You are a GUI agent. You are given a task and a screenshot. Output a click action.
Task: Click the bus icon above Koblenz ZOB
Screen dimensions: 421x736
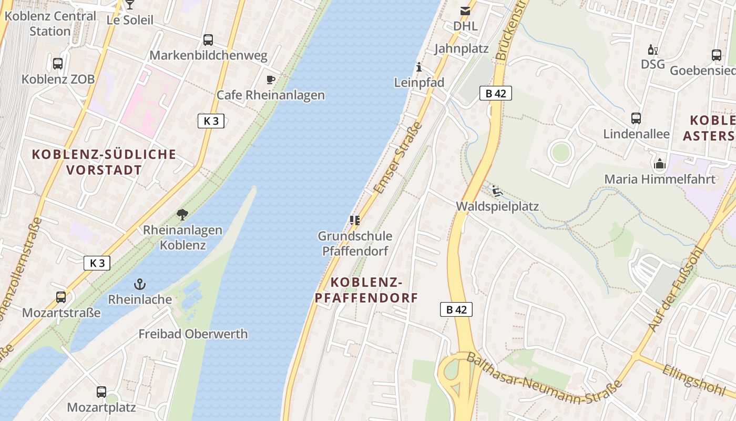58,64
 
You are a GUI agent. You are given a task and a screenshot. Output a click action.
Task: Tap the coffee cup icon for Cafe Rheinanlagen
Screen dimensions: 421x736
271,79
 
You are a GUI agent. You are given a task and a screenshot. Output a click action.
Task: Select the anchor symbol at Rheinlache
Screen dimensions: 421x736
140,285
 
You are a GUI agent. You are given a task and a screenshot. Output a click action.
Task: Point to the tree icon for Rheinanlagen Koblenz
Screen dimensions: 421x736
182,214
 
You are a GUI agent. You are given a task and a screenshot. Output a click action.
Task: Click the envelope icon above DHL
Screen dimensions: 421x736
465,11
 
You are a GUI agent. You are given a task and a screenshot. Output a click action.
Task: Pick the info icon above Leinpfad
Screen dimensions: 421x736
419,67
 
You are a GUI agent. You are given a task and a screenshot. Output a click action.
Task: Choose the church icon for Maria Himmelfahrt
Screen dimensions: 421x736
660,164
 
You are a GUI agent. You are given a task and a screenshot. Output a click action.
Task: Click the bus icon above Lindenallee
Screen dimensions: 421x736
636,118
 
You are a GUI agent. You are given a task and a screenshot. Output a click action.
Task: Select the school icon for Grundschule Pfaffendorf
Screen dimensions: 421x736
355,220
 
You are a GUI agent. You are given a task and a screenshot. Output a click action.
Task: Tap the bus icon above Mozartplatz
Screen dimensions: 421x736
101,392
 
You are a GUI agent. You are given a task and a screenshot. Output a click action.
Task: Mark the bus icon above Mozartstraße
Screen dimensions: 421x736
61,297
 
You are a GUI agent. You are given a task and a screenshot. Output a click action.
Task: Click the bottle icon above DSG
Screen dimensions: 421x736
652,50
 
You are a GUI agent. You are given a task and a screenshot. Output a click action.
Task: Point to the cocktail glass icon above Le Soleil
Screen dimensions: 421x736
130,5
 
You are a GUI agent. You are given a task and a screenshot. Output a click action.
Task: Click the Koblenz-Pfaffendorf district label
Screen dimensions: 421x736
366,290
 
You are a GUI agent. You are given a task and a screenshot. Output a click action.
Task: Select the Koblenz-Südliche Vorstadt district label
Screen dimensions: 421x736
104,162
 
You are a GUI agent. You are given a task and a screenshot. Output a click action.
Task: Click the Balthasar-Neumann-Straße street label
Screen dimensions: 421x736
544,378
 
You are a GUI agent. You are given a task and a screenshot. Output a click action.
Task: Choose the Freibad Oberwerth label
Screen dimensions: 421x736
193,334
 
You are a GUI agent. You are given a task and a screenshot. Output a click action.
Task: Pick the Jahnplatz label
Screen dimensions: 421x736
461,49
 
